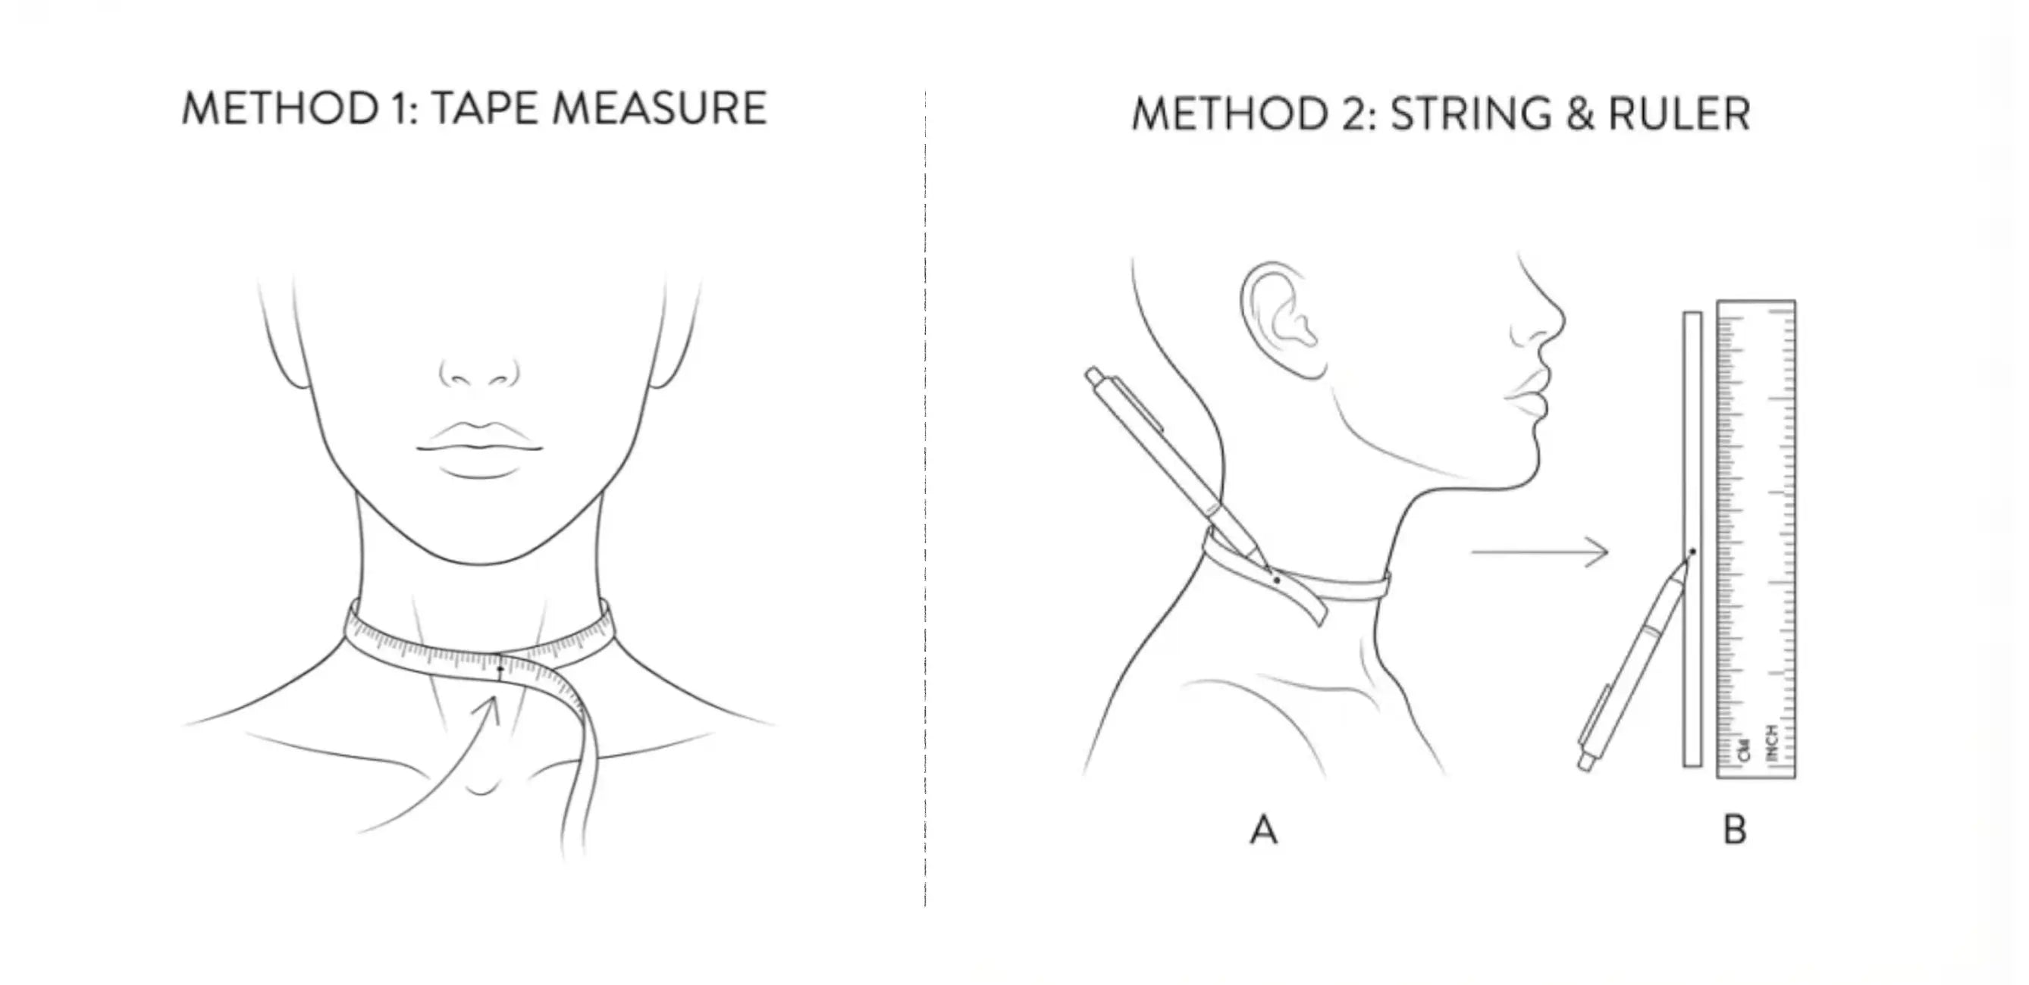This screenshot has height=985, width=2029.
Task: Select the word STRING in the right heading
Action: (1469, 114)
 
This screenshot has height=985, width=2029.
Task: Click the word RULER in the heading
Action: (1679, 114)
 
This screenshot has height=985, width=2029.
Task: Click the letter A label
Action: (1263, 830)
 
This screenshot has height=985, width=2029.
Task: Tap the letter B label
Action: (1734, 830)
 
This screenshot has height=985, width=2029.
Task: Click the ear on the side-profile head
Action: (1280, 319)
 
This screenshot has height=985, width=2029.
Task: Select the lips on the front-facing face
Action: (479, 449)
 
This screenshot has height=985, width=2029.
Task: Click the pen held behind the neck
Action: (1165, 457)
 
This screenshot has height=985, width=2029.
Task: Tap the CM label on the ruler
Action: (1742, 749)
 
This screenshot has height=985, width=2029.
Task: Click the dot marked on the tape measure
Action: (500, 669)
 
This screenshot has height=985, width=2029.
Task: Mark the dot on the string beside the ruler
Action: (1692, 551)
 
